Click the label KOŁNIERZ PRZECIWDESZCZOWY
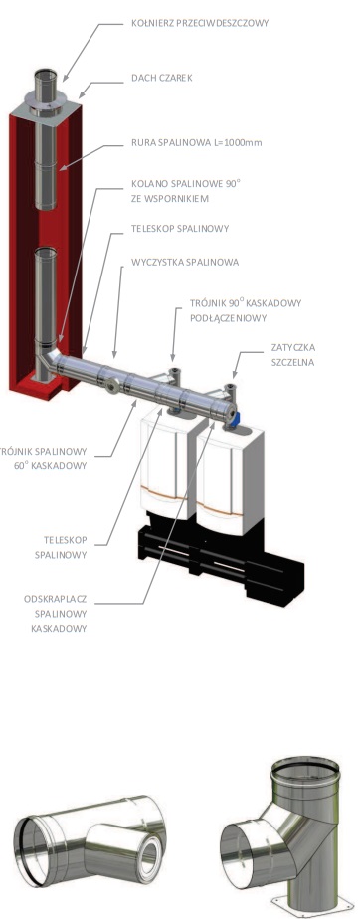click(200, 24)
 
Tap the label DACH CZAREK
click(162, 77)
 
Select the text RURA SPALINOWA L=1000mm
click(197, 143)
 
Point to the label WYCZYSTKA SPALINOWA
click(185, 262)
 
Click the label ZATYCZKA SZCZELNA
click(293, 355)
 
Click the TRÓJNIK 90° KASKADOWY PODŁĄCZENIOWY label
click(246, 310)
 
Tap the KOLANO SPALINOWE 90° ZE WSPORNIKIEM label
click(186, 191)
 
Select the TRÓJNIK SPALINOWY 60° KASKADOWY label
click(44, 459)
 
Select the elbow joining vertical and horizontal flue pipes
click(51, 360)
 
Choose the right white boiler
click(230, 473)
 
